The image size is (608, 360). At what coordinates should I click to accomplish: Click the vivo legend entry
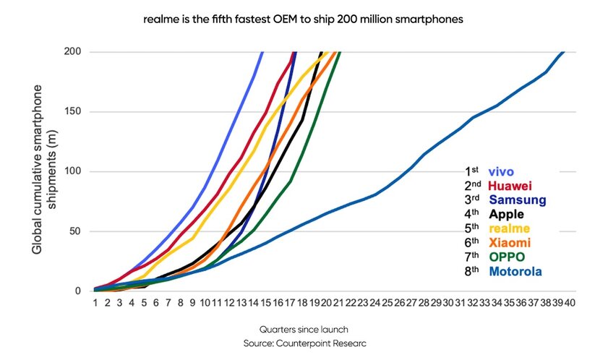point(501,171)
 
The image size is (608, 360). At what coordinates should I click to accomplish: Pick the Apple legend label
point(506,214)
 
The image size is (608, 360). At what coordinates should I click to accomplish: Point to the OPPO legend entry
point(507,257)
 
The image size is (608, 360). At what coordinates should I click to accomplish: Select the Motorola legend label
point(515,271)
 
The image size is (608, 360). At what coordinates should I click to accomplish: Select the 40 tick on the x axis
point(569,303)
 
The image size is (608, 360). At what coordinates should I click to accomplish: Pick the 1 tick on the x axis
point(95,303)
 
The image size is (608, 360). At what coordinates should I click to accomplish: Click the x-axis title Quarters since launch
point(303,327)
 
